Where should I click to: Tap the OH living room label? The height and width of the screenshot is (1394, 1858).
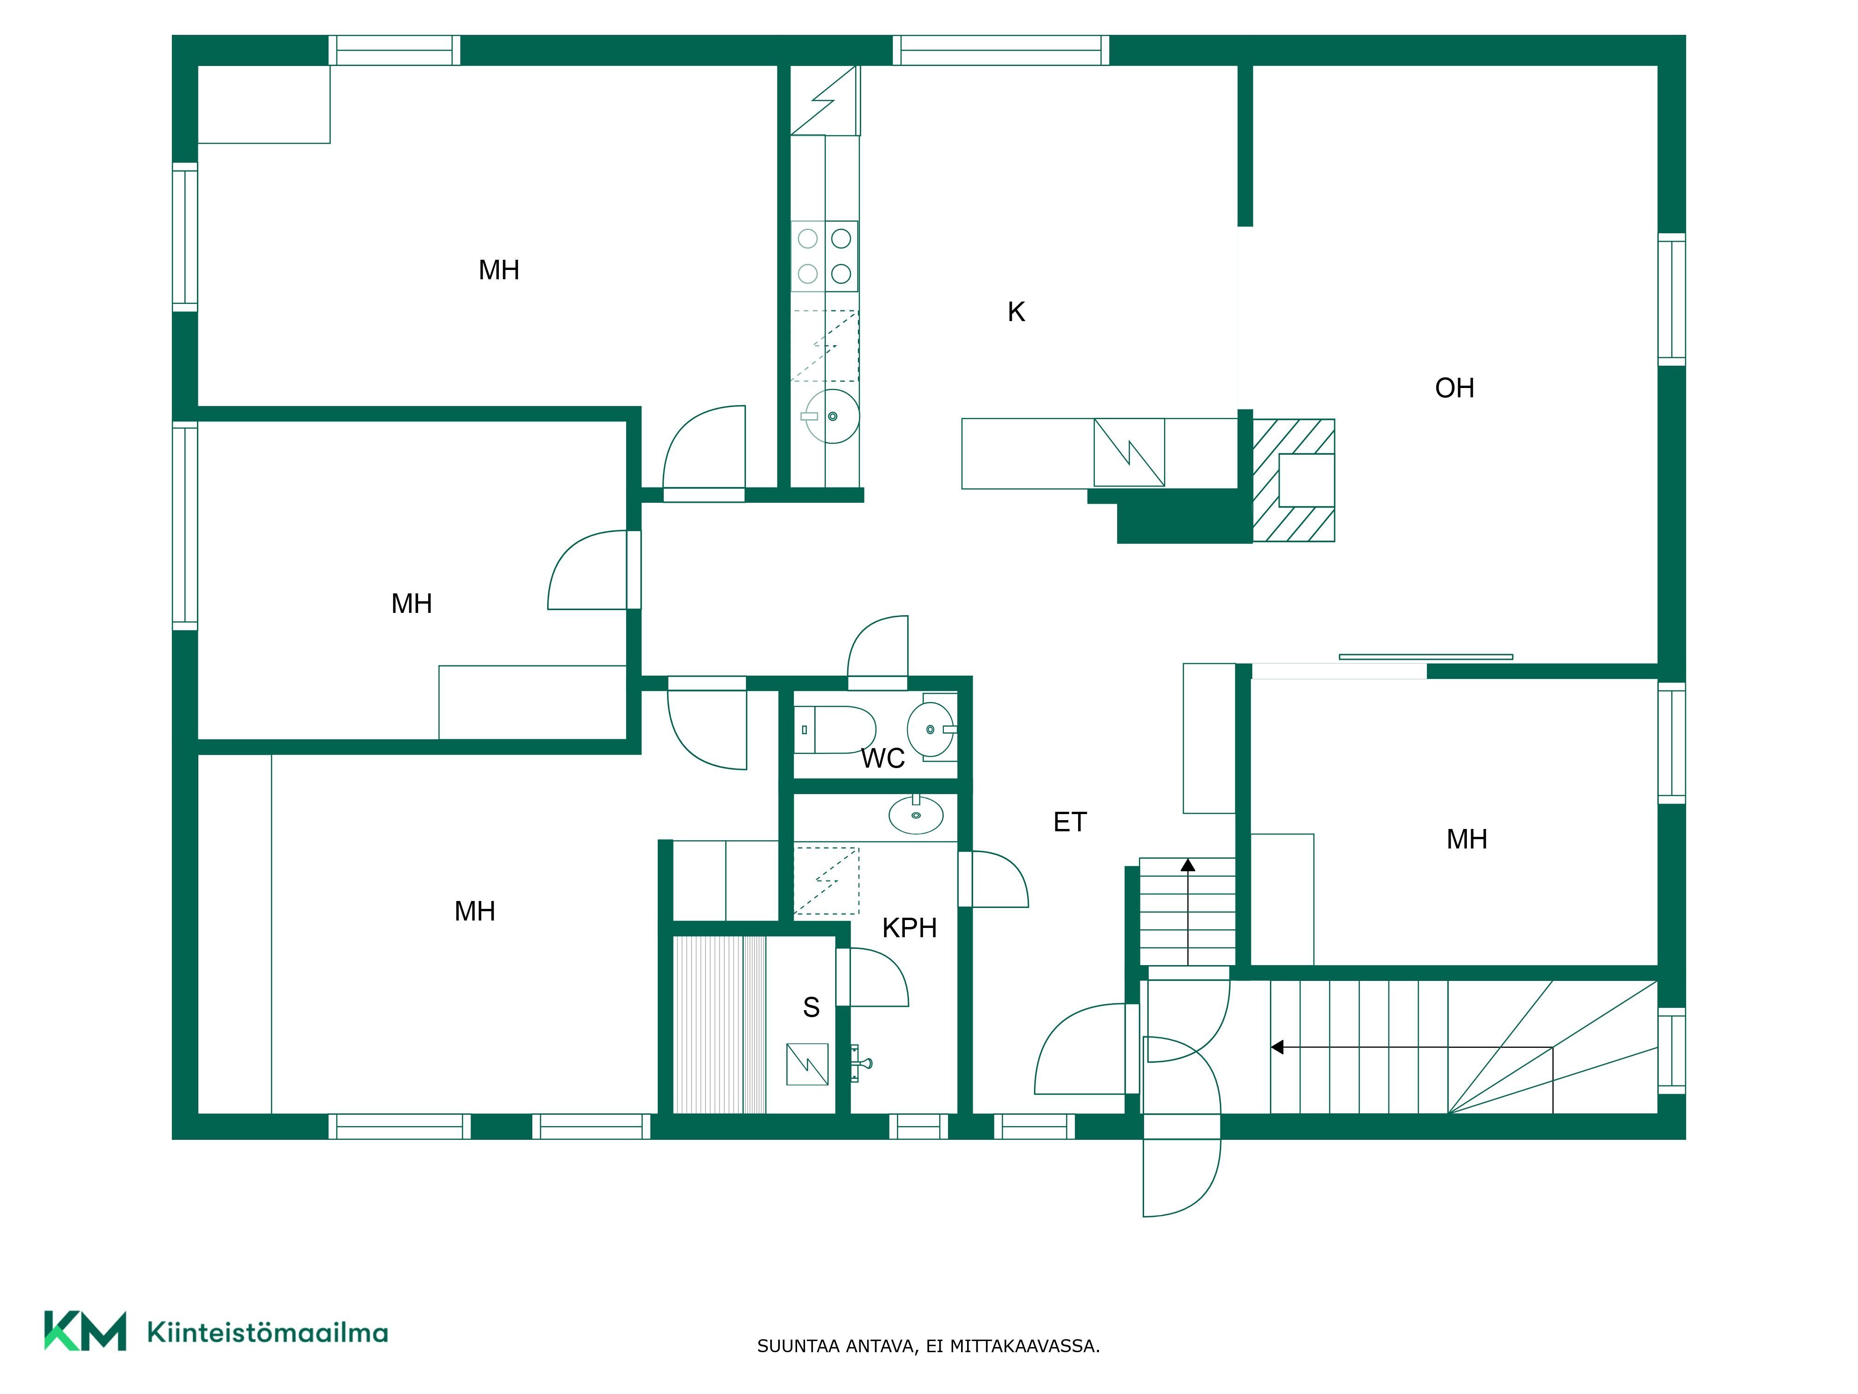[x=1454, y=388]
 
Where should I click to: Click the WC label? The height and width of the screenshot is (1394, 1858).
[x=883, y=759]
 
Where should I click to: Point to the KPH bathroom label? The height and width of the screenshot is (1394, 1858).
[x=909, y=927]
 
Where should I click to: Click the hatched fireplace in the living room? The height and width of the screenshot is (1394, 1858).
[x=1294, y=480]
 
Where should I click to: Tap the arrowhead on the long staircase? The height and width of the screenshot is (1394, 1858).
[x=1277, y=1047]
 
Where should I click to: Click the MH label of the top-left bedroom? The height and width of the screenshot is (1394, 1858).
[x=499, y=270]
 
